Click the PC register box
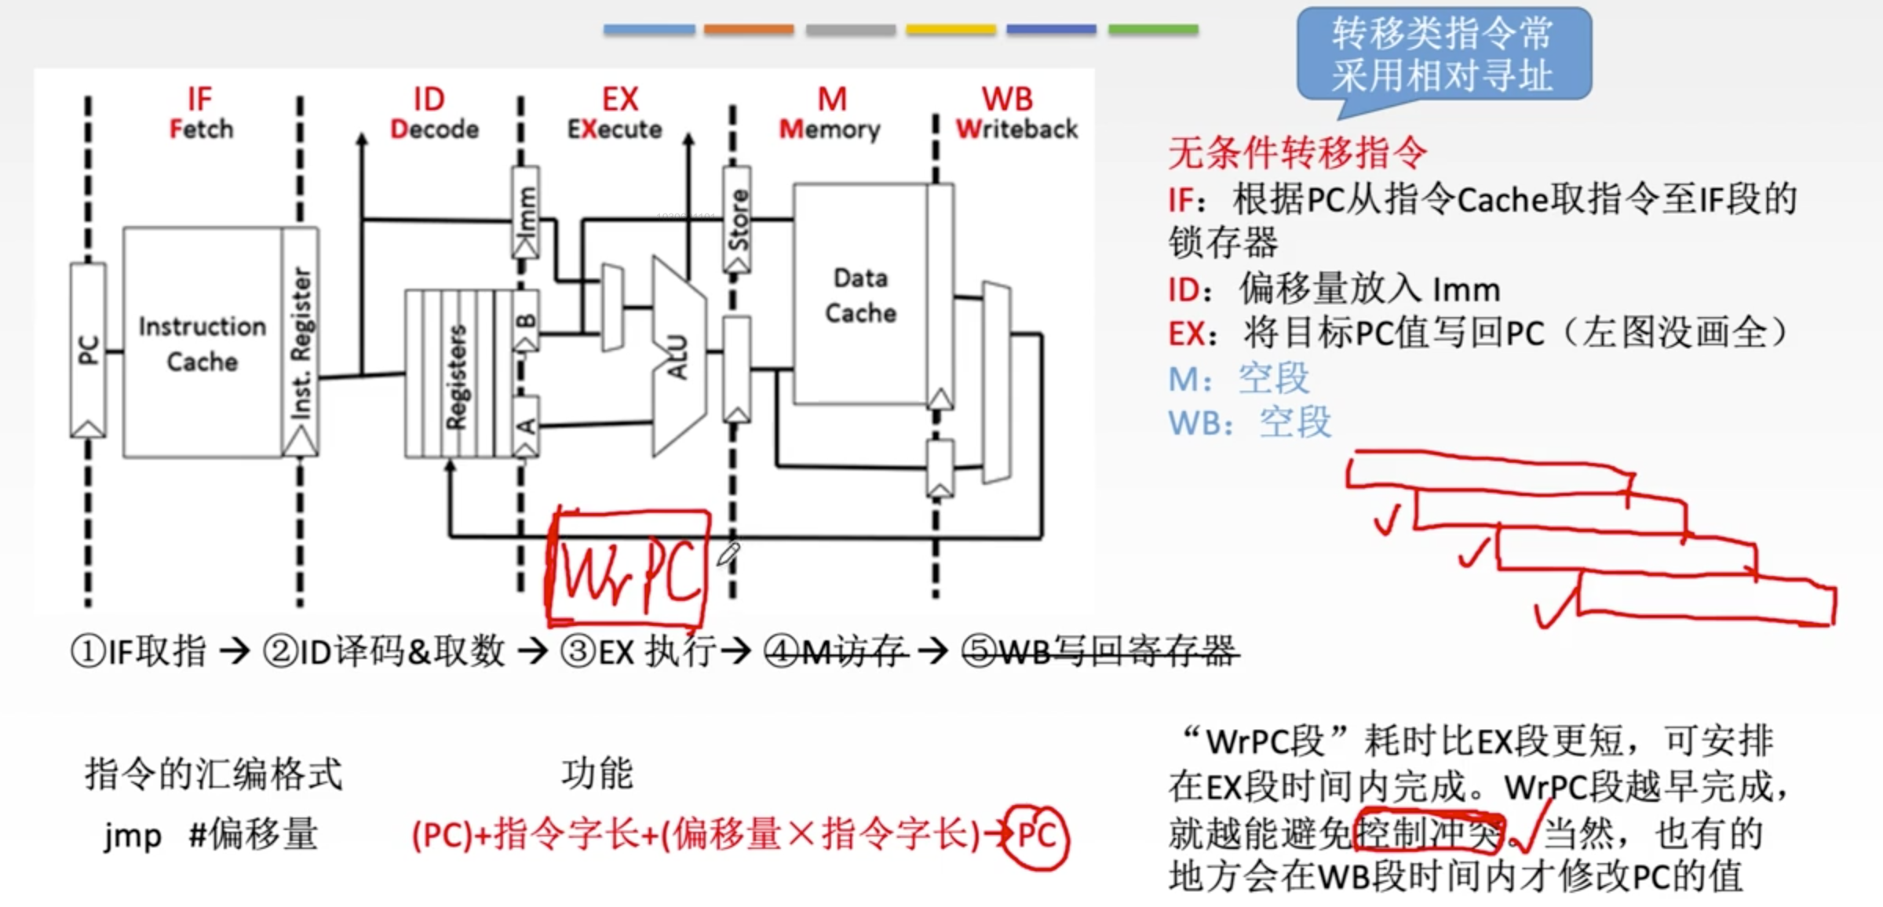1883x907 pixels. pyautogui.click(x=88, y=350)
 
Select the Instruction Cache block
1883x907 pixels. pyautogui.click(x=203, y=343)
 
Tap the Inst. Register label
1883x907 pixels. pyautogui.click(x=301, y=343)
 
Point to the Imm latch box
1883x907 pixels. pyautogui.click(x=525, y=212)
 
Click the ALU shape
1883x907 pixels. pyautogui.click(x=678, y=357)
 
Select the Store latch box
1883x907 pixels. pyautogui.click(x=737, y=219)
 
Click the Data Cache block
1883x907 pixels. pyautogui.click(x=860, y=294)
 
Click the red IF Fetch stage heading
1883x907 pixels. pyautogui.click(x=201, y=113)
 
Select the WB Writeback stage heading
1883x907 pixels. pyautogui.click(x=1016, y=113)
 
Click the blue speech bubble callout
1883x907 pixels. pyautogui.click(x=1443, y=54)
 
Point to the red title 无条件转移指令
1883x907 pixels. pyautogui.click(x=1297, y=152)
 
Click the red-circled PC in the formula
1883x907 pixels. pyautogui.click(x=1036, y=836)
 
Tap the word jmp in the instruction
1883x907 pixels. pyautogui.click(x=133, y=835)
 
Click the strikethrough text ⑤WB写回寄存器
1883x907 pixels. pyautogui.click(x=1099, y=651)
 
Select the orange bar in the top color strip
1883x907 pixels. pyautogui.click(x=748, y=30)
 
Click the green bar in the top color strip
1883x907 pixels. pyautogui.click(x=1152, y=30)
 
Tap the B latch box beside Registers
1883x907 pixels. pyautogui.click(x=526, y=320)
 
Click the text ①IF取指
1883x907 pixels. pyautogui.click(x=140, y=651)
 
